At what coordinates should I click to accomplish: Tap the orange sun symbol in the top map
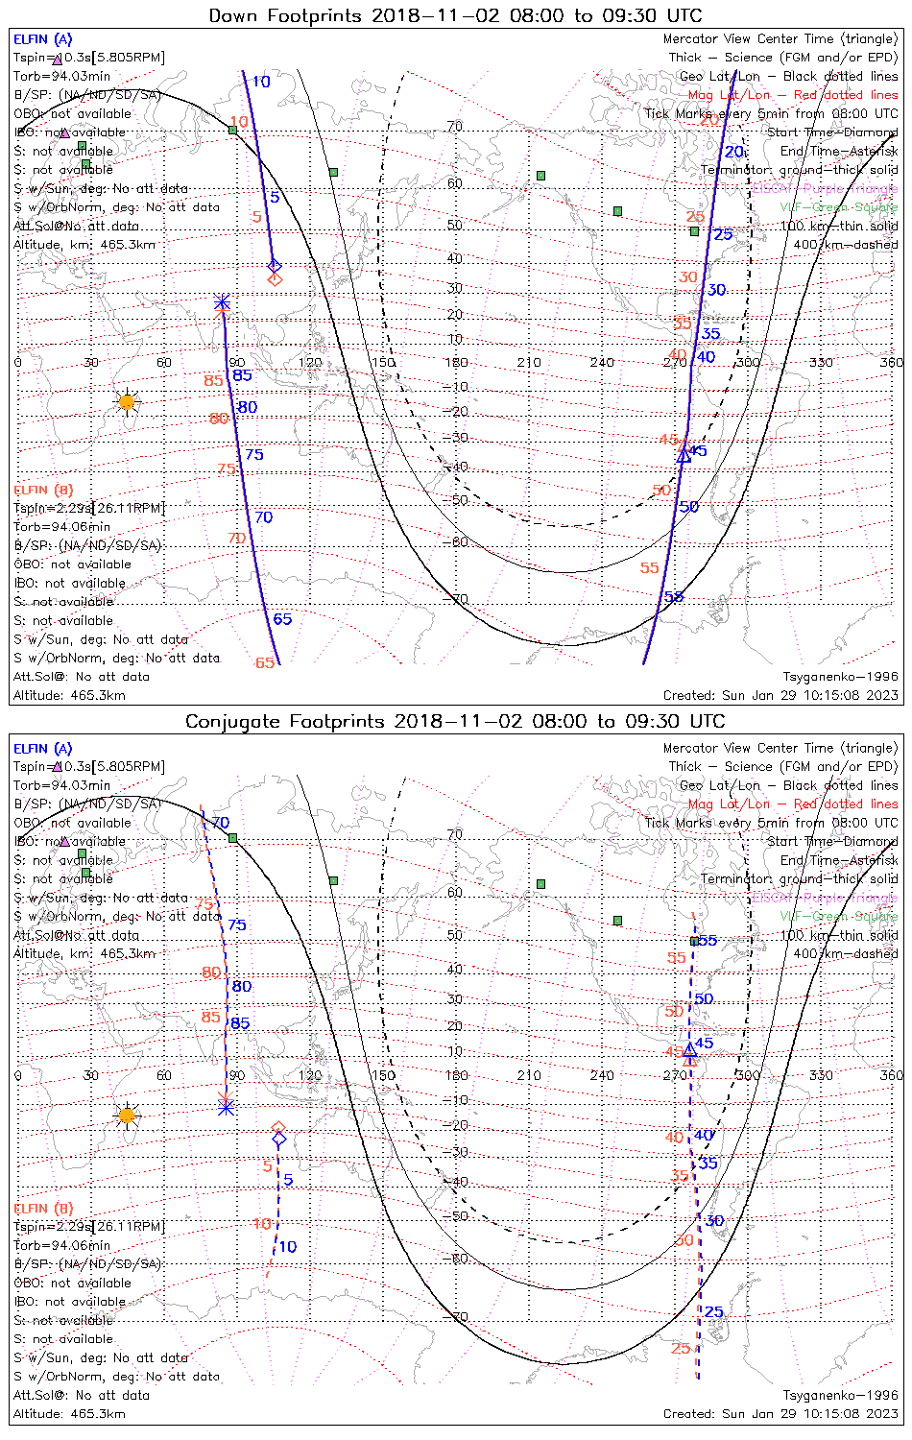tap(127, 402)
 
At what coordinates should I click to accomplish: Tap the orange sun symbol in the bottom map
tap(127, 1116)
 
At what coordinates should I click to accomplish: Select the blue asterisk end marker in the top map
tap(222, 303)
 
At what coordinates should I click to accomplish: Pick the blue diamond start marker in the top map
tap(275, 265)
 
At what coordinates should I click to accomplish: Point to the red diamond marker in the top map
tap(276, 278)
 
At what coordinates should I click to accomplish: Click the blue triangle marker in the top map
tap(684, 457)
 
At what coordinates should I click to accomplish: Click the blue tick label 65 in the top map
tap(282, 619)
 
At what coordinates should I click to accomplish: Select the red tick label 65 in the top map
tap(265, 662)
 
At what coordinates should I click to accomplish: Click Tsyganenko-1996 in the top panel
tap(841, 677)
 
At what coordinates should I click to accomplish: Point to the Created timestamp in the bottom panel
tap(780, 1414)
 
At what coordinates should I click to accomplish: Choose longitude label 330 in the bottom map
tap(821, 1075)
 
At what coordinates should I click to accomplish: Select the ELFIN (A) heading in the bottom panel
tap(43, 749)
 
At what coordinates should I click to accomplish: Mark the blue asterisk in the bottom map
tap(226, 1107)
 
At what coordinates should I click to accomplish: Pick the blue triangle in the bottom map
tap(689, 1050)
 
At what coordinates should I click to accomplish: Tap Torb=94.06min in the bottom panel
tap(61, 1245)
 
